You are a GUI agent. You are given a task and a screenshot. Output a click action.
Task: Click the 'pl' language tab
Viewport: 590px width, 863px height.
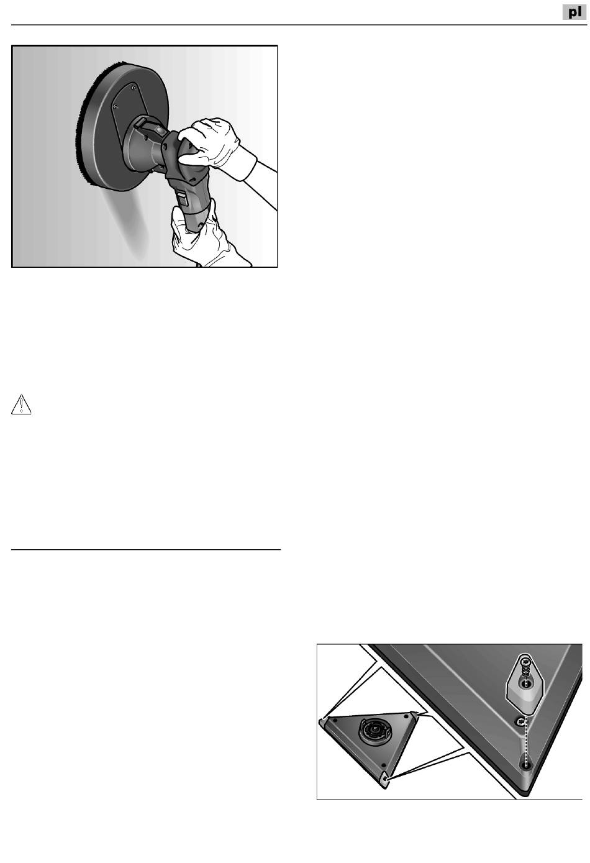[x=574, y=12]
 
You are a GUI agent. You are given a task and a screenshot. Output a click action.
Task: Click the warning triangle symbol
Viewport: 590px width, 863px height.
[x=21, y=404]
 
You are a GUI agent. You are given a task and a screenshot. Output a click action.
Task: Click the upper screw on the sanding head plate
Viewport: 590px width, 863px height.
[x=134, y=88]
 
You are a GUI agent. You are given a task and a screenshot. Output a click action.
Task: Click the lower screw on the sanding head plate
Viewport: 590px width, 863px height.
[x=116, y=106]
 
